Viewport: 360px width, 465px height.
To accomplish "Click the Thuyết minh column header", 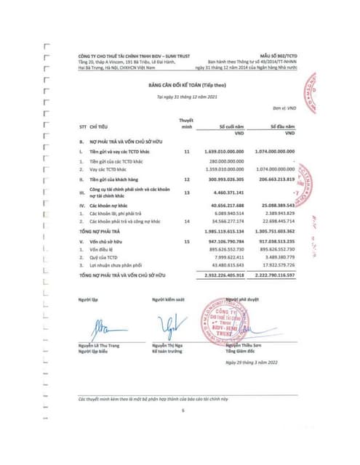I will point(186,123).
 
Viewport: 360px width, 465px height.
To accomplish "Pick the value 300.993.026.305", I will point(226,178).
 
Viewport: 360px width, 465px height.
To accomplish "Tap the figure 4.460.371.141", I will point(230,193).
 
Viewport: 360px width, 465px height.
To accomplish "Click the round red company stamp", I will point(224,323).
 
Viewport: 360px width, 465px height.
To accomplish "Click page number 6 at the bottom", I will point(183,411).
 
